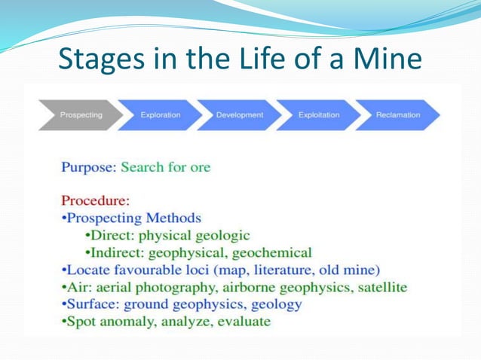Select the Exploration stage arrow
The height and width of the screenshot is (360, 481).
[161, 115]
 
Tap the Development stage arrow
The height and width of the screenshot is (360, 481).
[240, 115]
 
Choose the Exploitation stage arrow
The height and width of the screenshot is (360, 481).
[318, 115]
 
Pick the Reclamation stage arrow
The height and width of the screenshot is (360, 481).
[398, 115]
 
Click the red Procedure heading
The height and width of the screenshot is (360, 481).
[95, 201]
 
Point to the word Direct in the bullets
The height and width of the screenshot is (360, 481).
[113, 236]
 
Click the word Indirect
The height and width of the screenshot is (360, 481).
[119, 253]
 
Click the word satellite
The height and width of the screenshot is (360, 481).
[381, 287]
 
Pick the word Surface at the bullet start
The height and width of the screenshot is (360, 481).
[91, 304]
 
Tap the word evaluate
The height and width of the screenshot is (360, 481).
[244, 322]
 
